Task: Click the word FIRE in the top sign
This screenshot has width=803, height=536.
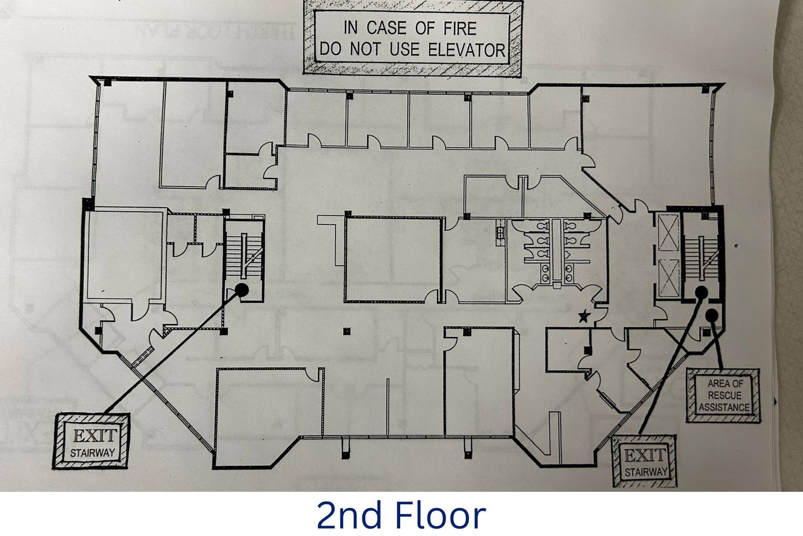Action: click(x=460, y=28)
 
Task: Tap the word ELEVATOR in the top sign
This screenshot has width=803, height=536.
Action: click(x=466, y=50)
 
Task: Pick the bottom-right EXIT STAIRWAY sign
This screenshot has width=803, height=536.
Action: click(x=643, y=461)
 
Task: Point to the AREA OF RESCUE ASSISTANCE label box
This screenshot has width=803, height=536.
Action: click(x=724, y=396)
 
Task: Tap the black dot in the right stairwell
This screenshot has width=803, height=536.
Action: click(x=701, y=292)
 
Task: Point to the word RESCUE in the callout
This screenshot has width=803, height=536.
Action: click(x=724, y=395)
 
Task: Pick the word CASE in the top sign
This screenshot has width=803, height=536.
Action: click(x=386, y=28)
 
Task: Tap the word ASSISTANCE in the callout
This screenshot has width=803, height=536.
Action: click(x=724, y=407)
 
